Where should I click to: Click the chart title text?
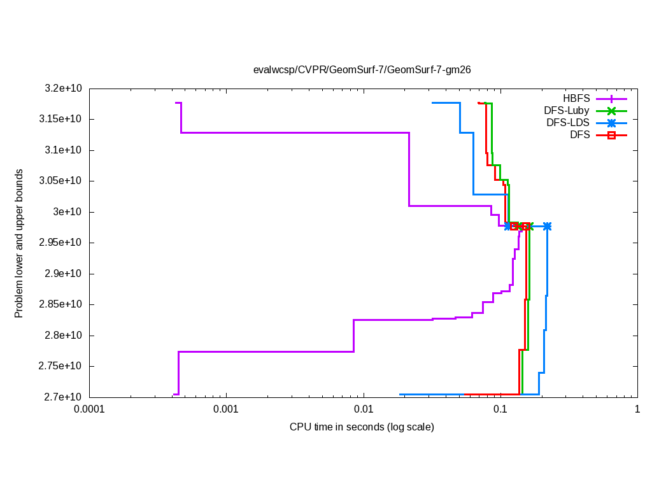click(x=362, y=69)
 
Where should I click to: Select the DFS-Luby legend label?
click(x=567, y=110)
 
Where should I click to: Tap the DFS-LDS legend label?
click(x=568, y=122)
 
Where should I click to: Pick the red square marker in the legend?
click(x=611, y=134)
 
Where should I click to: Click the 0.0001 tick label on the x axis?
click(x=89, y=410)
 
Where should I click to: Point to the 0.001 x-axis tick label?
click(x=226, y=410)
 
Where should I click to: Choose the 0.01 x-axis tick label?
click(x=363, y=410)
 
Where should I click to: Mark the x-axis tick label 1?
click(x=637, y=410)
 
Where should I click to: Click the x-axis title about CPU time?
click(x=362, y=427)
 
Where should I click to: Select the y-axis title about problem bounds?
click(x=19, y=243)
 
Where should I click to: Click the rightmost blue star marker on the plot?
click(x=547, y=226)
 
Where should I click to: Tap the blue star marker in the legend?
click(x=611, y=122)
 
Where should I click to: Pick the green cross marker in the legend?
click(x=611, y=110)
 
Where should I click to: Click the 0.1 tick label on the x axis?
click(x=500, y=410)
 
